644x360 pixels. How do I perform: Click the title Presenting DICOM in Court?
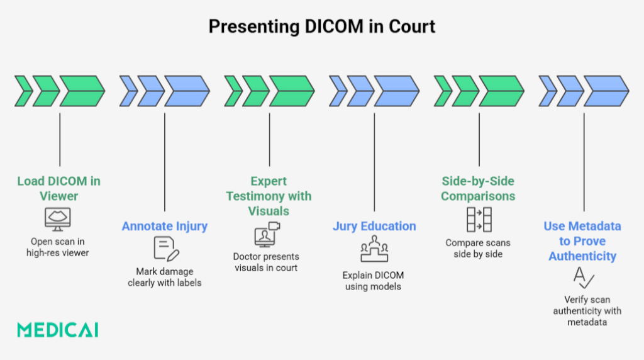tap(321, 26)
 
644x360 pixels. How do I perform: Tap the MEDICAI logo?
tap(57, 330)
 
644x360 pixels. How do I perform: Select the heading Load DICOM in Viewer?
tap(58, 188)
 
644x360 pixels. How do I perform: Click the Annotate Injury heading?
tap(164, 226)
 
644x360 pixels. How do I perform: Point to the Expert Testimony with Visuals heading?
tap(269, 196)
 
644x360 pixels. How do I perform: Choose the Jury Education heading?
tap(374, 226)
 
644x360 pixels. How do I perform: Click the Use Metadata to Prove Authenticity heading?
tap(582, 241)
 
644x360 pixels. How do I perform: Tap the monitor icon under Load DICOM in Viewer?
tap(58, 218)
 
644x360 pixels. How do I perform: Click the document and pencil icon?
tap(166, 249)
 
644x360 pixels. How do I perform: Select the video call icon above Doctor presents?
tap(267, 234)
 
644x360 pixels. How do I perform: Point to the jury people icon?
tap(374, 250)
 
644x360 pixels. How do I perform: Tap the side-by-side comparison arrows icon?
tap(479, 218)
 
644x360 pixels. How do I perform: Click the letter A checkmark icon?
tap(584, 277)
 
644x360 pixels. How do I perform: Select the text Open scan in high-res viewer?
tap(58, 247)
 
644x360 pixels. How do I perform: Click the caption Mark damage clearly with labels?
tap(164, 277)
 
